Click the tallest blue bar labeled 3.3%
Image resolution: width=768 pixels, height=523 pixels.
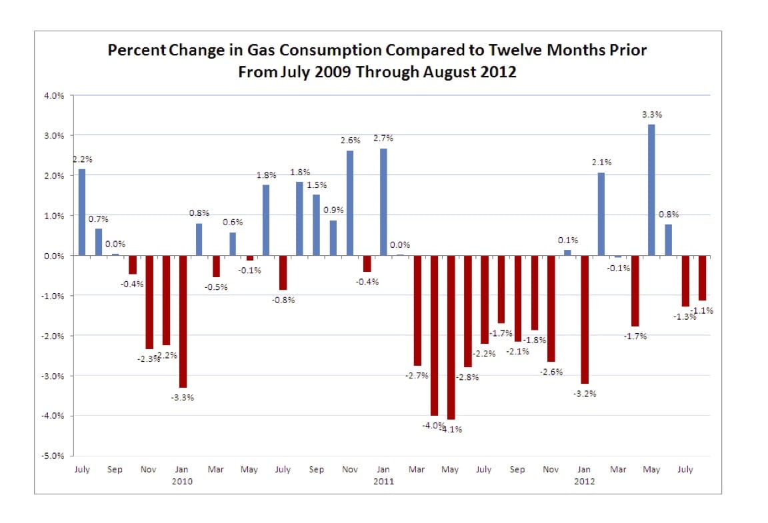[651, 190]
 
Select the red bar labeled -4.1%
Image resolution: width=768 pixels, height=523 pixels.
[451, 337]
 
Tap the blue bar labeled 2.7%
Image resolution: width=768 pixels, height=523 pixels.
[383, 203]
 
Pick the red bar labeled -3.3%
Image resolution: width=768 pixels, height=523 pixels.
[183, 322]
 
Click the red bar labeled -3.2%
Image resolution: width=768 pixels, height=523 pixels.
[585, 320]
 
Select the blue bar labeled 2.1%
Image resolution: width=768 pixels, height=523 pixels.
[601, 214]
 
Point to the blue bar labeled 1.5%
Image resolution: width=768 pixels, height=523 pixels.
[317, 225]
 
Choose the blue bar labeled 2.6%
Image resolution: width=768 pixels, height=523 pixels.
[350, 203]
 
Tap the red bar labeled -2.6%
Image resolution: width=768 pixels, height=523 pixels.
[551, 308]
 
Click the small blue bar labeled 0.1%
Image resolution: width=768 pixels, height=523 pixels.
[568, 253]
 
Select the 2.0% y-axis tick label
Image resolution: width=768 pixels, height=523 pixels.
[54, 176]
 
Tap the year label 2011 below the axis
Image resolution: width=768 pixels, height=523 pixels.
[383, 482]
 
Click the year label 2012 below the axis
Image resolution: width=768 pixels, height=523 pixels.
[584, 482]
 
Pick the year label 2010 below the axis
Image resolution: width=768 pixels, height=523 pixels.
[182, 482]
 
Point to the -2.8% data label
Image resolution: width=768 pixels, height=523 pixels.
[467, 378]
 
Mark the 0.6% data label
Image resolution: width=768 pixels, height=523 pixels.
[233, 223]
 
